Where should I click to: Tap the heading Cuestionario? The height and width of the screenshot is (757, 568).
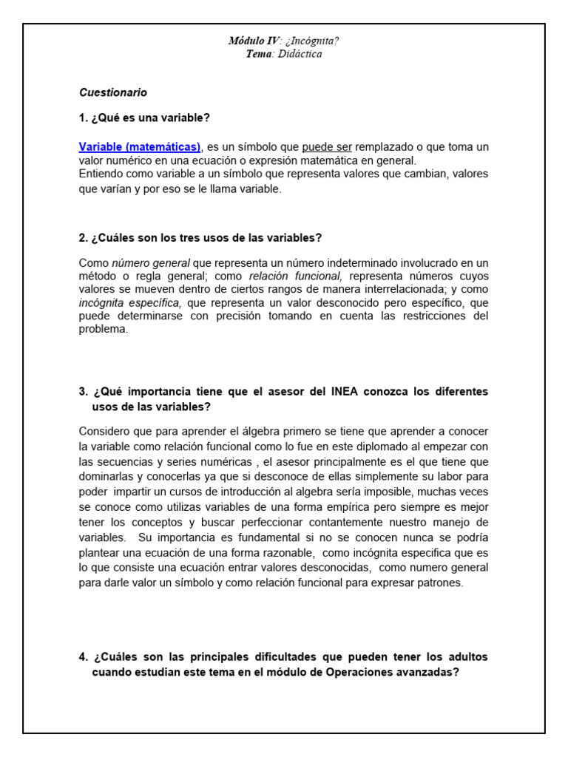[x=113, y=92]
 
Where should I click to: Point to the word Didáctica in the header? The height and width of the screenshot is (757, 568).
[x=301, y=53]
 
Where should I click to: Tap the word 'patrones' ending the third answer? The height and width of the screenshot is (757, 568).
[x=440, y=583]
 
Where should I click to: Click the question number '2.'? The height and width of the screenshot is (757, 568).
[x=84, y=237]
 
